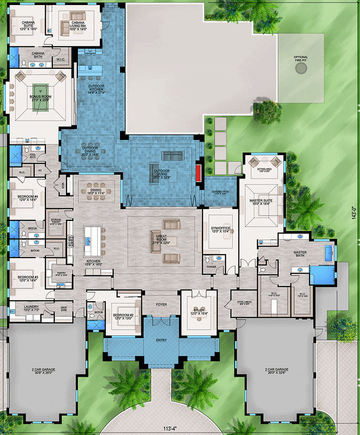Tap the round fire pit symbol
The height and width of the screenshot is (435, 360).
pyautogui.click(x=301, y=68)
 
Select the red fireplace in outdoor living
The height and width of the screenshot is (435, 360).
pyautogui.click(x=198, y=173)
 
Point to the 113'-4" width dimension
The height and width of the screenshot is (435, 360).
pyautogui.click(x=180, y=428)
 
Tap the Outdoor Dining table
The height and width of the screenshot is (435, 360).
pyautogui.click(x=90, y=151)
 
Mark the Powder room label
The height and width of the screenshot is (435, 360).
pyautogui.click(x=211, y=266)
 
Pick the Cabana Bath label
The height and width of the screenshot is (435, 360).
pyautogui.click(x=38, y=54)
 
